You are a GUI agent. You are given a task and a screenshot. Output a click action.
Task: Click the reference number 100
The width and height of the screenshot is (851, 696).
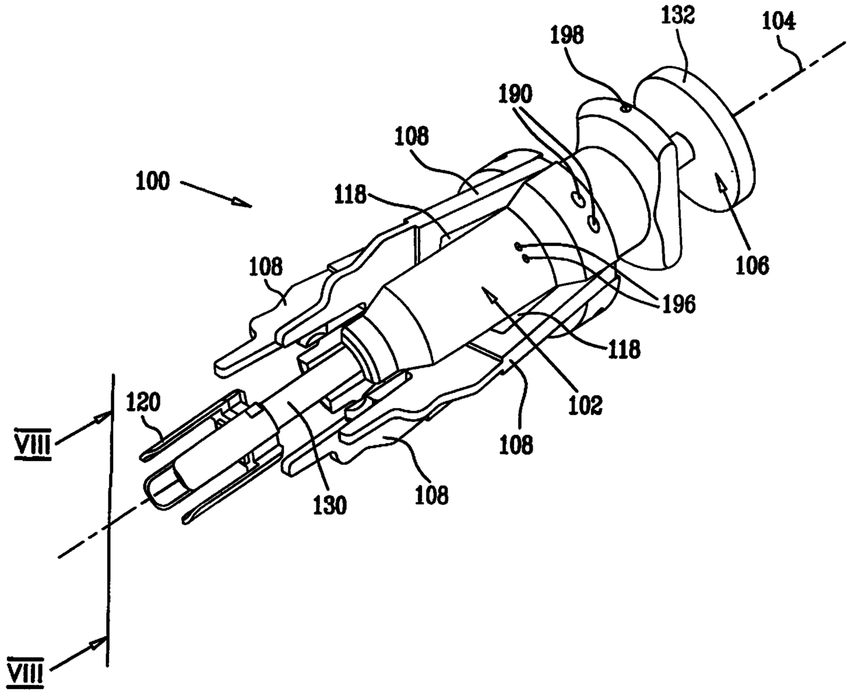[153, 181]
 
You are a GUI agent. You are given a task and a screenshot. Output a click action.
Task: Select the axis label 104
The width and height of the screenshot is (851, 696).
[778, 21]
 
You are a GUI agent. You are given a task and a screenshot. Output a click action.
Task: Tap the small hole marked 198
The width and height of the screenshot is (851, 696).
[624, 107]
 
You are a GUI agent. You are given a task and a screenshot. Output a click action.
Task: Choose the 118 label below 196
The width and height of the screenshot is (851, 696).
[623, 349]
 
